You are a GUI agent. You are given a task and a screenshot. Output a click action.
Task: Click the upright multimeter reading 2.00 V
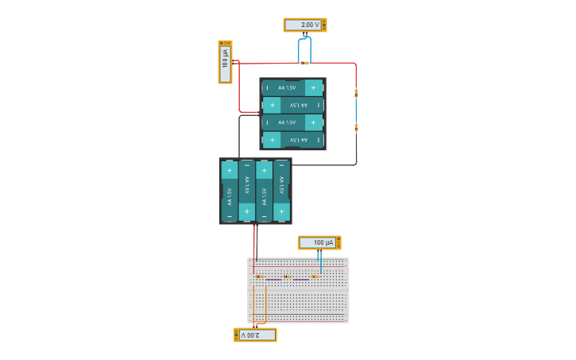304,25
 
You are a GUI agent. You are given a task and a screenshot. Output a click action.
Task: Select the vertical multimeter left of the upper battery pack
225,62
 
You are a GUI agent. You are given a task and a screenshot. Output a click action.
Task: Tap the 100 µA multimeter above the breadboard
319,242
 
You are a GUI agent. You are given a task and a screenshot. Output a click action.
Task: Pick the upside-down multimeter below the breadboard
255,335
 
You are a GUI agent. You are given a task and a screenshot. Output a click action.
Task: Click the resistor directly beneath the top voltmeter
304,63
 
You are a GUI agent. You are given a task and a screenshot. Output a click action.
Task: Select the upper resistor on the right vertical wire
356,93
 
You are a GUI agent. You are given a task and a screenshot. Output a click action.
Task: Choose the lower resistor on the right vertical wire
356,126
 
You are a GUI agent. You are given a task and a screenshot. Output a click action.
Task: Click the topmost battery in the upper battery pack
292,87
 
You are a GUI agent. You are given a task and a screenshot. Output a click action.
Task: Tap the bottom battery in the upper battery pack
292,140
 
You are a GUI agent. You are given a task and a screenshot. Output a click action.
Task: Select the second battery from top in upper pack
292,105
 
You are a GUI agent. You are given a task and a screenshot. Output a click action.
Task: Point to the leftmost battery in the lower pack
229,192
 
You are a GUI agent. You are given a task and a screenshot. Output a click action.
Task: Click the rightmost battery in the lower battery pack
281,192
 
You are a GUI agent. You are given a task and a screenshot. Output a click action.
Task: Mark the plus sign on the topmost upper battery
313,87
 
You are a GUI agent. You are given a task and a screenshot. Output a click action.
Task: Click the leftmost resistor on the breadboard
260,277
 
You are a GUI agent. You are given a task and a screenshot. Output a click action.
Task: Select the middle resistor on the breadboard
288,277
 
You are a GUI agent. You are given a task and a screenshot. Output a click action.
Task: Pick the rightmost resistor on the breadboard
315,277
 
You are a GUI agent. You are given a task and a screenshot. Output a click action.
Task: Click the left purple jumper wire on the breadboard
273,280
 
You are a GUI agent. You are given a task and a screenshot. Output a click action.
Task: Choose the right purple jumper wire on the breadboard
301,280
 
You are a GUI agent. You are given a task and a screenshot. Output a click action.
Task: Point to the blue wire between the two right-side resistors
356,110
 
